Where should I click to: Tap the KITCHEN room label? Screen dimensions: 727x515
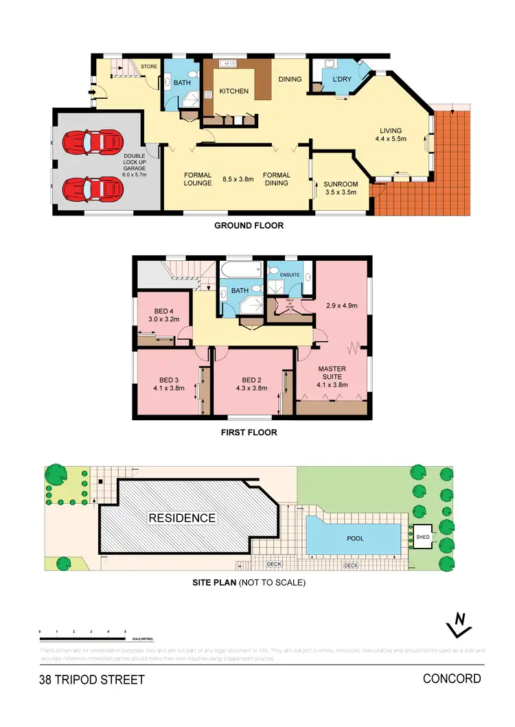pos(233,91)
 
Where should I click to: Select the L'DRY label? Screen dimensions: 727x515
pos(342,80)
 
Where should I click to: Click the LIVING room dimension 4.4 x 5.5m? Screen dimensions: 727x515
pos(391,139)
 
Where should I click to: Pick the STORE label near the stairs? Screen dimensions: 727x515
pos(149,67)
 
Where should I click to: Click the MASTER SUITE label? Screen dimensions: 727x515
pos(332,373)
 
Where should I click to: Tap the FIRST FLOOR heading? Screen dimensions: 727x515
pos(249,433)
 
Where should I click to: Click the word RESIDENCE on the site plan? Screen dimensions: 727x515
pos(182,518)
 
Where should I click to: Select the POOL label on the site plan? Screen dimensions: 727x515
pos(354,539)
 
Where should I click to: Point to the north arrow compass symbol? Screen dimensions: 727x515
pos(459,623)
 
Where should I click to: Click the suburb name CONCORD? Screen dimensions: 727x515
pos(452,679)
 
